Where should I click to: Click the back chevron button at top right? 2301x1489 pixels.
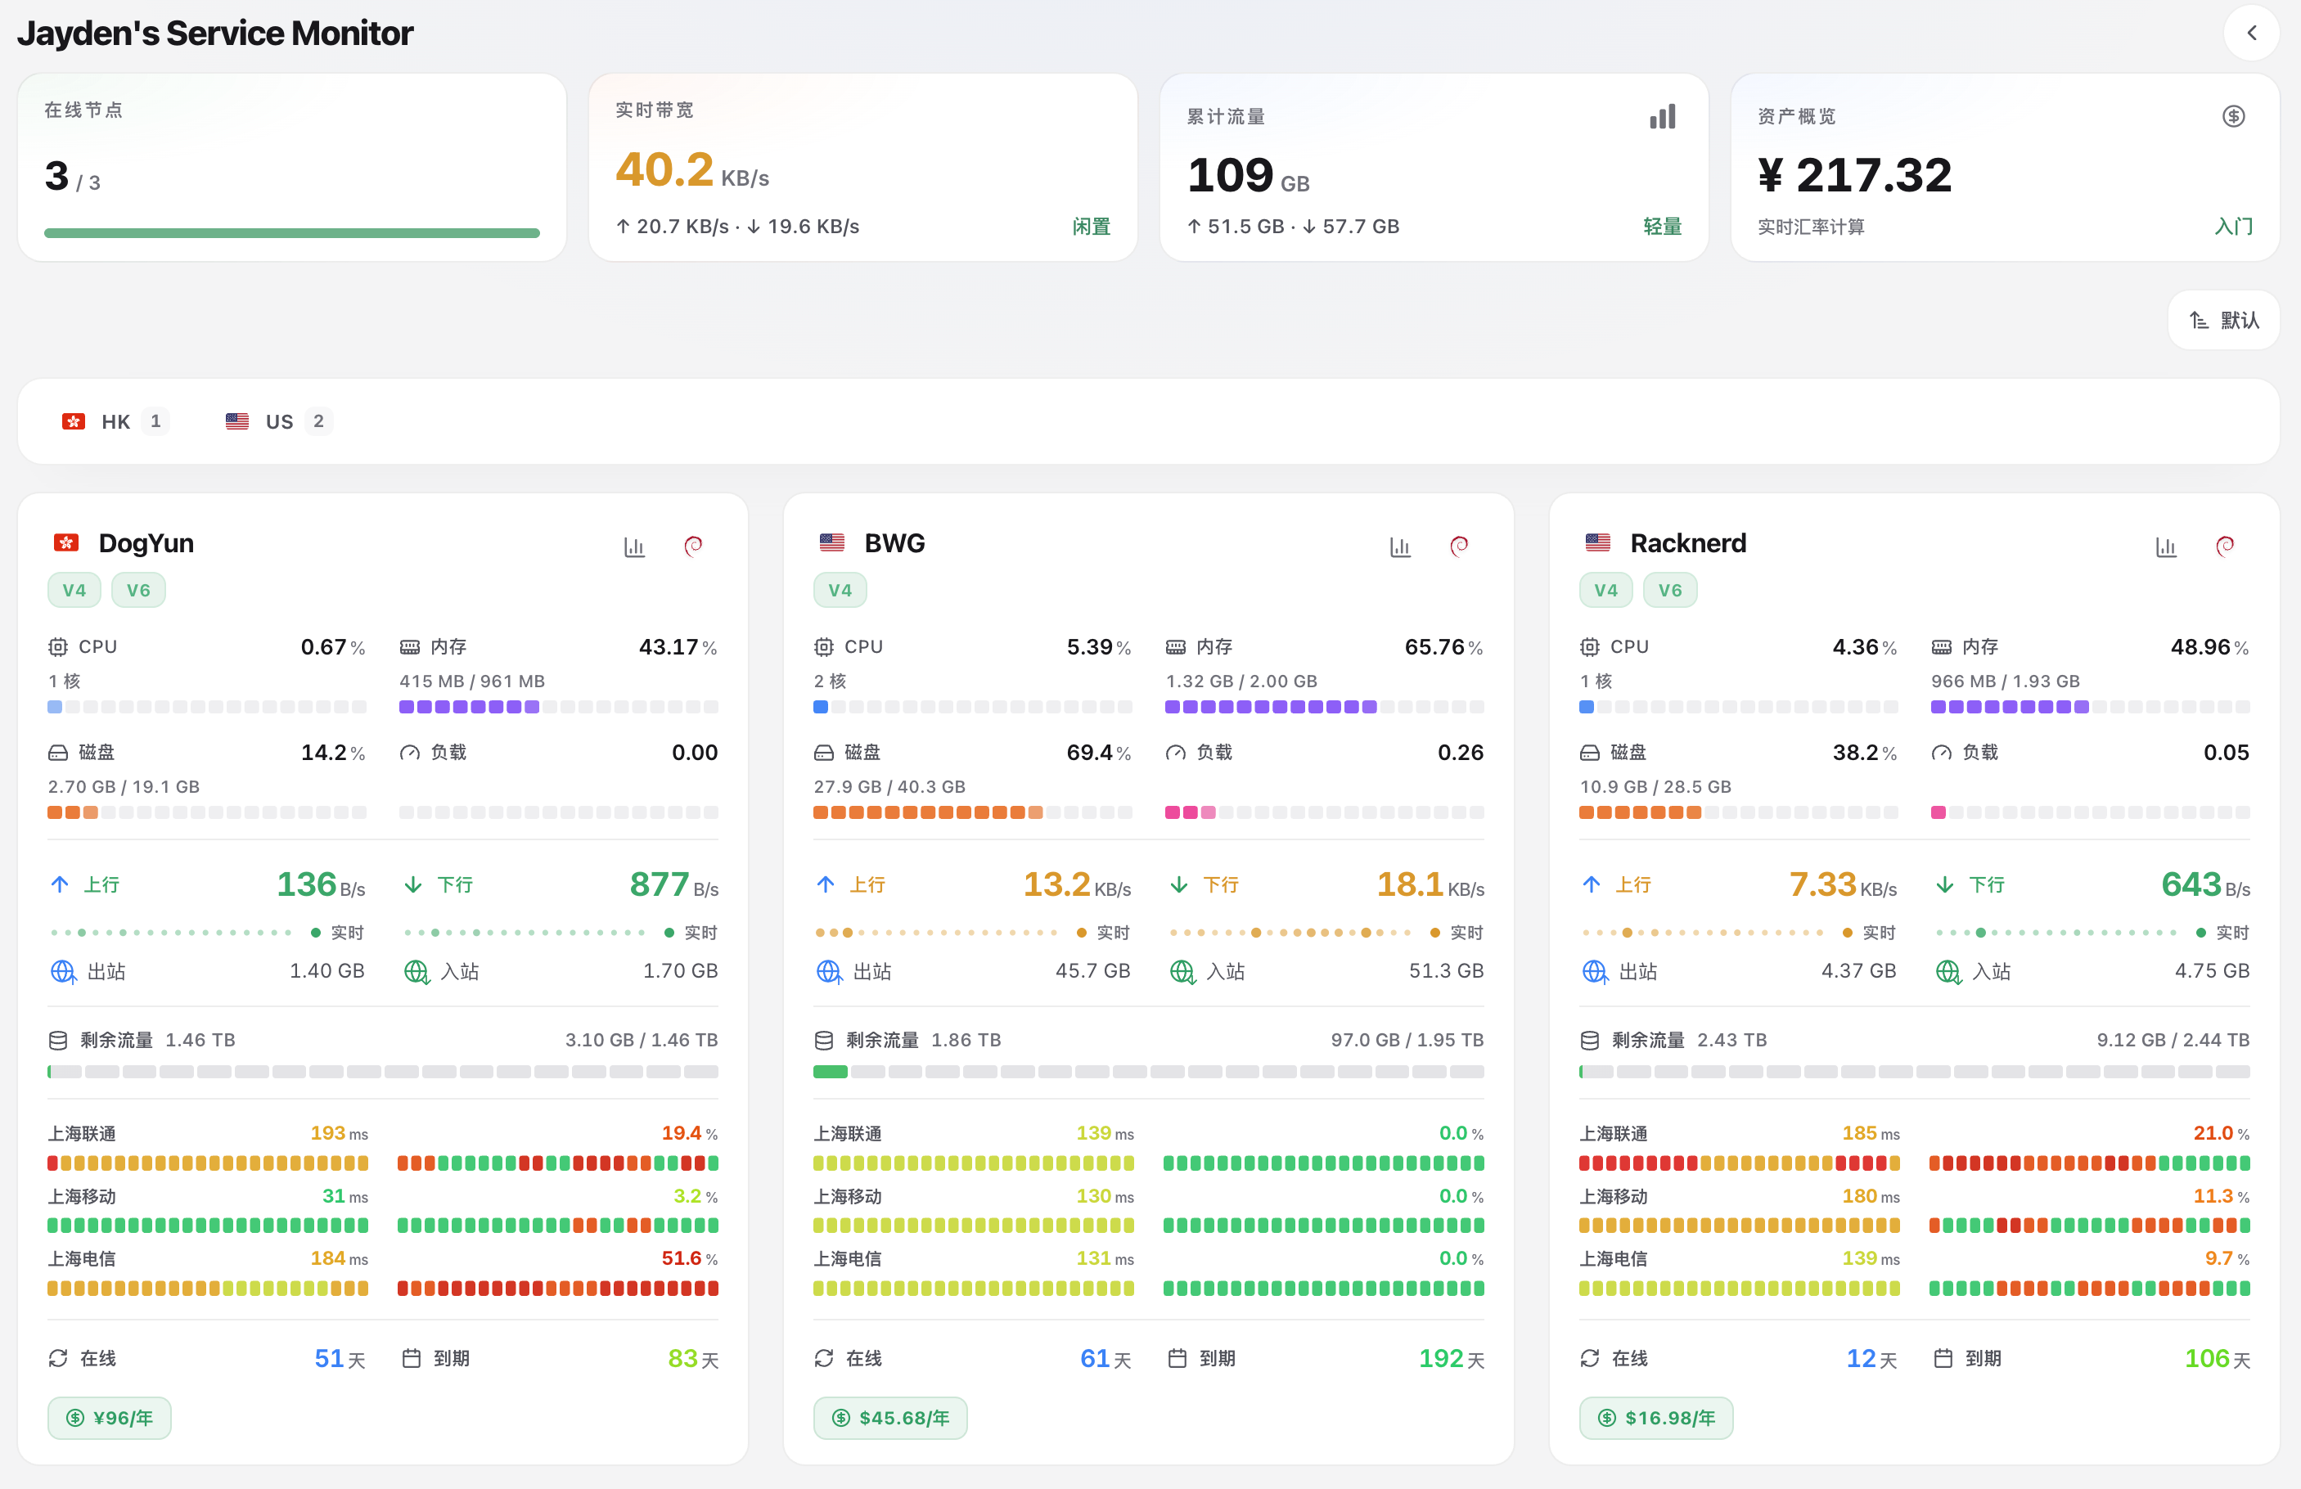pyautogui.click(x=2252, y=34)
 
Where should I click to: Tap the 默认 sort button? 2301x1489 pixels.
pyautogui.click(x=2223, y=320)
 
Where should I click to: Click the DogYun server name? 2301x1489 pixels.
pyautogui.click(x=146, y=543)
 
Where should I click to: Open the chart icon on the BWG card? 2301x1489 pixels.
pyautogui.click(x=1400, y=547)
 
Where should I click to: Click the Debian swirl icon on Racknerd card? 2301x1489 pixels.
pyautogui.click(x=2225, y=547)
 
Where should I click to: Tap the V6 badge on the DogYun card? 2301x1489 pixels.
pyautogui.click(x=138, y=590)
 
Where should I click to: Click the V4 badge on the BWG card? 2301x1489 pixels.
pyautogui.click(x=840, y=590)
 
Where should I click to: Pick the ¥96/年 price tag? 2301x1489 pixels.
pyautogui.click(x=110, y=1419)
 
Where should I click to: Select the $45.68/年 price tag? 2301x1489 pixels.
pyautogui.click(x=890, y=1419)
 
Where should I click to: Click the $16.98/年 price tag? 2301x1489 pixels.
pyautogui.click(x=1656, y=1419)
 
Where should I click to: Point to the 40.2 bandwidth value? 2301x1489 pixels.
pyautogui.click(x=665, y=169)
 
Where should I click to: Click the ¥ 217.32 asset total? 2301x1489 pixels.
pyautogui.click(x=1854, y=175)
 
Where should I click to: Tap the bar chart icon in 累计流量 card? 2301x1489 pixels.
pyautogui.click(x=1663, y=117)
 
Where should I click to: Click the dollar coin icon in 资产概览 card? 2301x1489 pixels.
pyautogui.click(x=2233, y=116)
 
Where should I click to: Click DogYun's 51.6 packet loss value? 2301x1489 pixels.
pyautogui.click(x=682, y=1258)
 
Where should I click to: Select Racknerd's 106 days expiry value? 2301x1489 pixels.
pyautogui.click(x=2207, y=1358)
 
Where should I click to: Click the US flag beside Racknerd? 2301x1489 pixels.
pyautogui.click(x=1598, y=543)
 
